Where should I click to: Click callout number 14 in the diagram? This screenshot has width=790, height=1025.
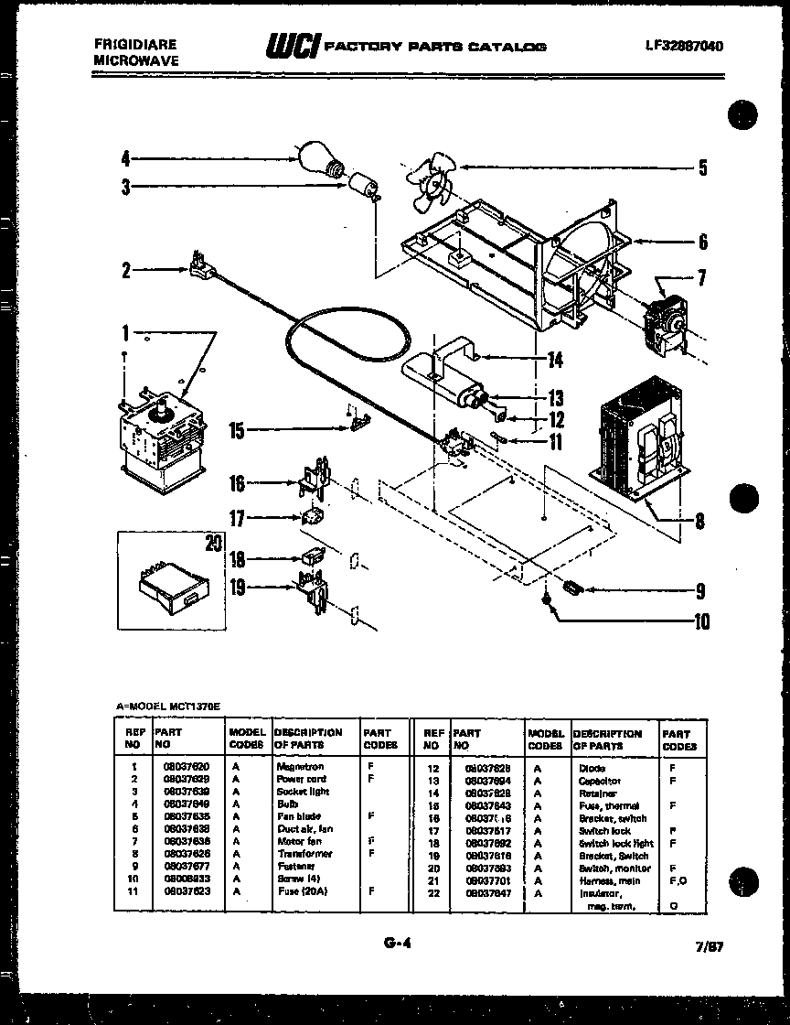click(554, 360)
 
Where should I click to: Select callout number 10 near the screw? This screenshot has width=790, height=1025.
click(700, 622)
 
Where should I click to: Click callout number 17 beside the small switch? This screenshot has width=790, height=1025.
click(237, 519)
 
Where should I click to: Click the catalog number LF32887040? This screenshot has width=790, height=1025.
click(683, 46)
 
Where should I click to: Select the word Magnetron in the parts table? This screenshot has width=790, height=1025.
click(300, 766)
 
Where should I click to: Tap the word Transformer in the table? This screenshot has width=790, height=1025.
click(304, 853)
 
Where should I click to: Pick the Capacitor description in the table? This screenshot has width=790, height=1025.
click(599, 781)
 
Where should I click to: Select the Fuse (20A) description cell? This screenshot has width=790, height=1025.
click(301, 890)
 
